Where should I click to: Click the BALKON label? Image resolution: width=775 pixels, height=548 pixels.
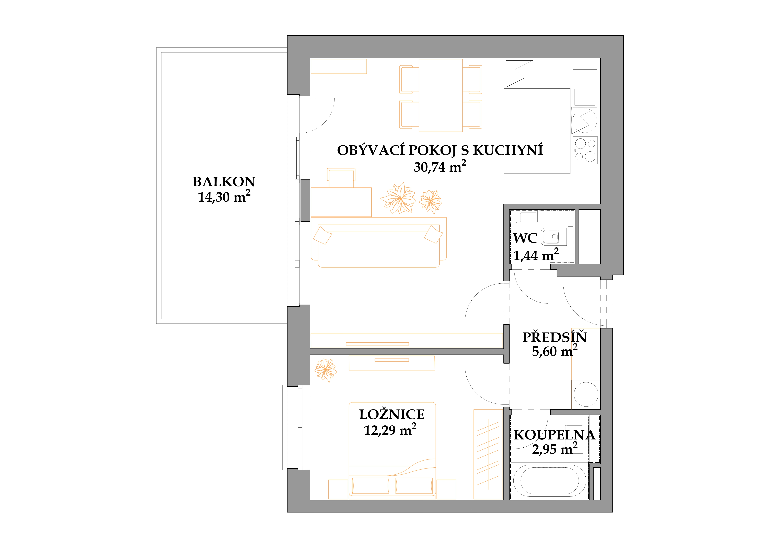click(224, 182)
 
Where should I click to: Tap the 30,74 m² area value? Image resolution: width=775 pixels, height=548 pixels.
click(440, 166)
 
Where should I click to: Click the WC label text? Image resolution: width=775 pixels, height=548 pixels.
click(525, 238)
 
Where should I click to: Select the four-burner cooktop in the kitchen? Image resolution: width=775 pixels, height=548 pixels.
click(585, 150)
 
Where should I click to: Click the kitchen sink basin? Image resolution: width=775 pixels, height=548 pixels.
click(585, 97)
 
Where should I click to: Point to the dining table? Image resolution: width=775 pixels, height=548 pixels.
click(441, 95)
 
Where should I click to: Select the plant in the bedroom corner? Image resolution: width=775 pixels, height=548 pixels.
click(325, 370)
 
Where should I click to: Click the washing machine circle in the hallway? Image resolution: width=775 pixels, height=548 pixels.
click(586, 394)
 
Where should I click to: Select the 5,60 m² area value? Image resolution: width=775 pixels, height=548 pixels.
click(555, 351)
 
